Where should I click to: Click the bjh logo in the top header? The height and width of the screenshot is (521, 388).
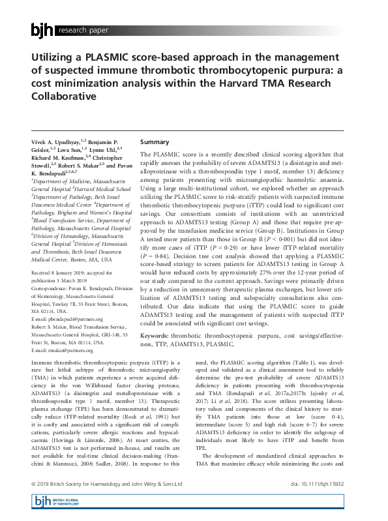tap(43, 29)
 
